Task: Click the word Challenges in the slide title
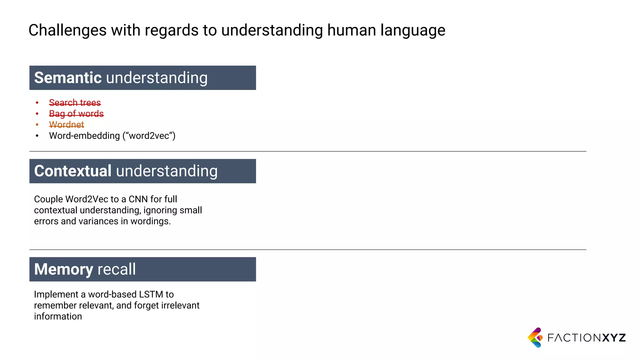point(67,31)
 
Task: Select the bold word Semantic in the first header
point(68,78)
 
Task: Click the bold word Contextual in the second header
point(73,171)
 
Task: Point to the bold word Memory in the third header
point(64,269)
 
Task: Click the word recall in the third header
point(117,269)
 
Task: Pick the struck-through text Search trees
point(75,102)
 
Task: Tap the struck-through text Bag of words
point(76,113)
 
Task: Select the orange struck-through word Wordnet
point(67,125)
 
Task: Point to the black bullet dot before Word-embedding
point(37,136)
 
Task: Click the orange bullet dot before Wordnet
point(37,125)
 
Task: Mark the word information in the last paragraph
point(58,316)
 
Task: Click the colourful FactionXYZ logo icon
point(535,337)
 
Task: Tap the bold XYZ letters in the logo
point(614,338)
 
